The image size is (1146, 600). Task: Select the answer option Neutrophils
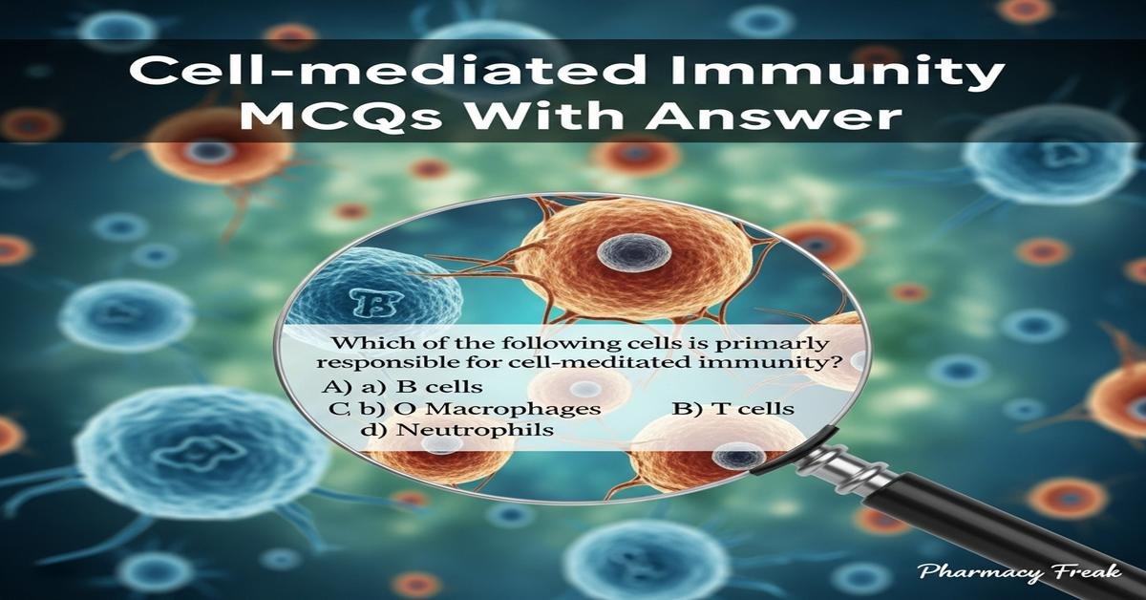(475, 431)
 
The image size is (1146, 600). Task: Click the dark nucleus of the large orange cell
(622, 253)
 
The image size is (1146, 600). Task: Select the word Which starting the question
(350, 341)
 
